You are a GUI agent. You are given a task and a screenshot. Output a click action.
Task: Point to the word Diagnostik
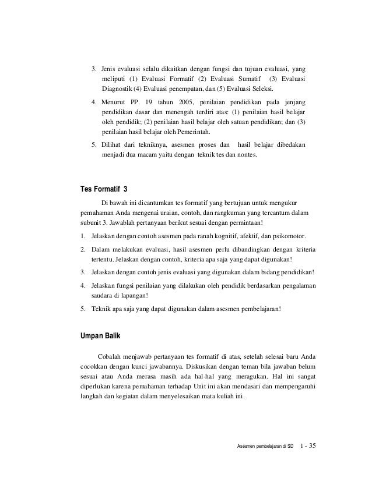(117, 89)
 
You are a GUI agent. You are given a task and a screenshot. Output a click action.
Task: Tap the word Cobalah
(111, 356)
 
